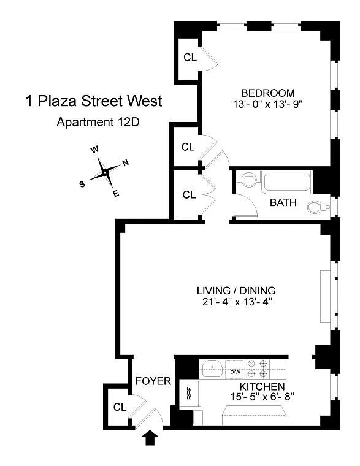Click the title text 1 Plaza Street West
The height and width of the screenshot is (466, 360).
(x=94, y=101)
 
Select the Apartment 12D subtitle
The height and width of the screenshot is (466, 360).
(x=98, y=121)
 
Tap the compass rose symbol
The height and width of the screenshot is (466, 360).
(x=105, y=172)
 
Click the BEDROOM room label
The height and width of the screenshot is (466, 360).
(x=263, y=93)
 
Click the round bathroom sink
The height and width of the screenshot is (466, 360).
(x=248, y=180)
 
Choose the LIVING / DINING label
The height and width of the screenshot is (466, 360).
(x=236, y=290)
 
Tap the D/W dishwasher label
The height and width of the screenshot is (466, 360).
(x=236, y=372)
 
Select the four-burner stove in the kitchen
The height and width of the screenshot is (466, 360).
(x=257, y=369)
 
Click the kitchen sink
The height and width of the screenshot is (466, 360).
(x=213, y=369)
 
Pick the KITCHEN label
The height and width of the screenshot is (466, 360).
(x=262, y=386)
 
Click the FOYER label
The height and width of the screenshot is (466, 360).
(x=153, y=381)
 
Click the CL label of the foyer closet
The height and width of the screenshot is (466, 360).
(x=120, y=407)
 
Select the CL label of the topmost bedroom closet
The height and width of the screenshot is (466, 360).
(x=190, y=58)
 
